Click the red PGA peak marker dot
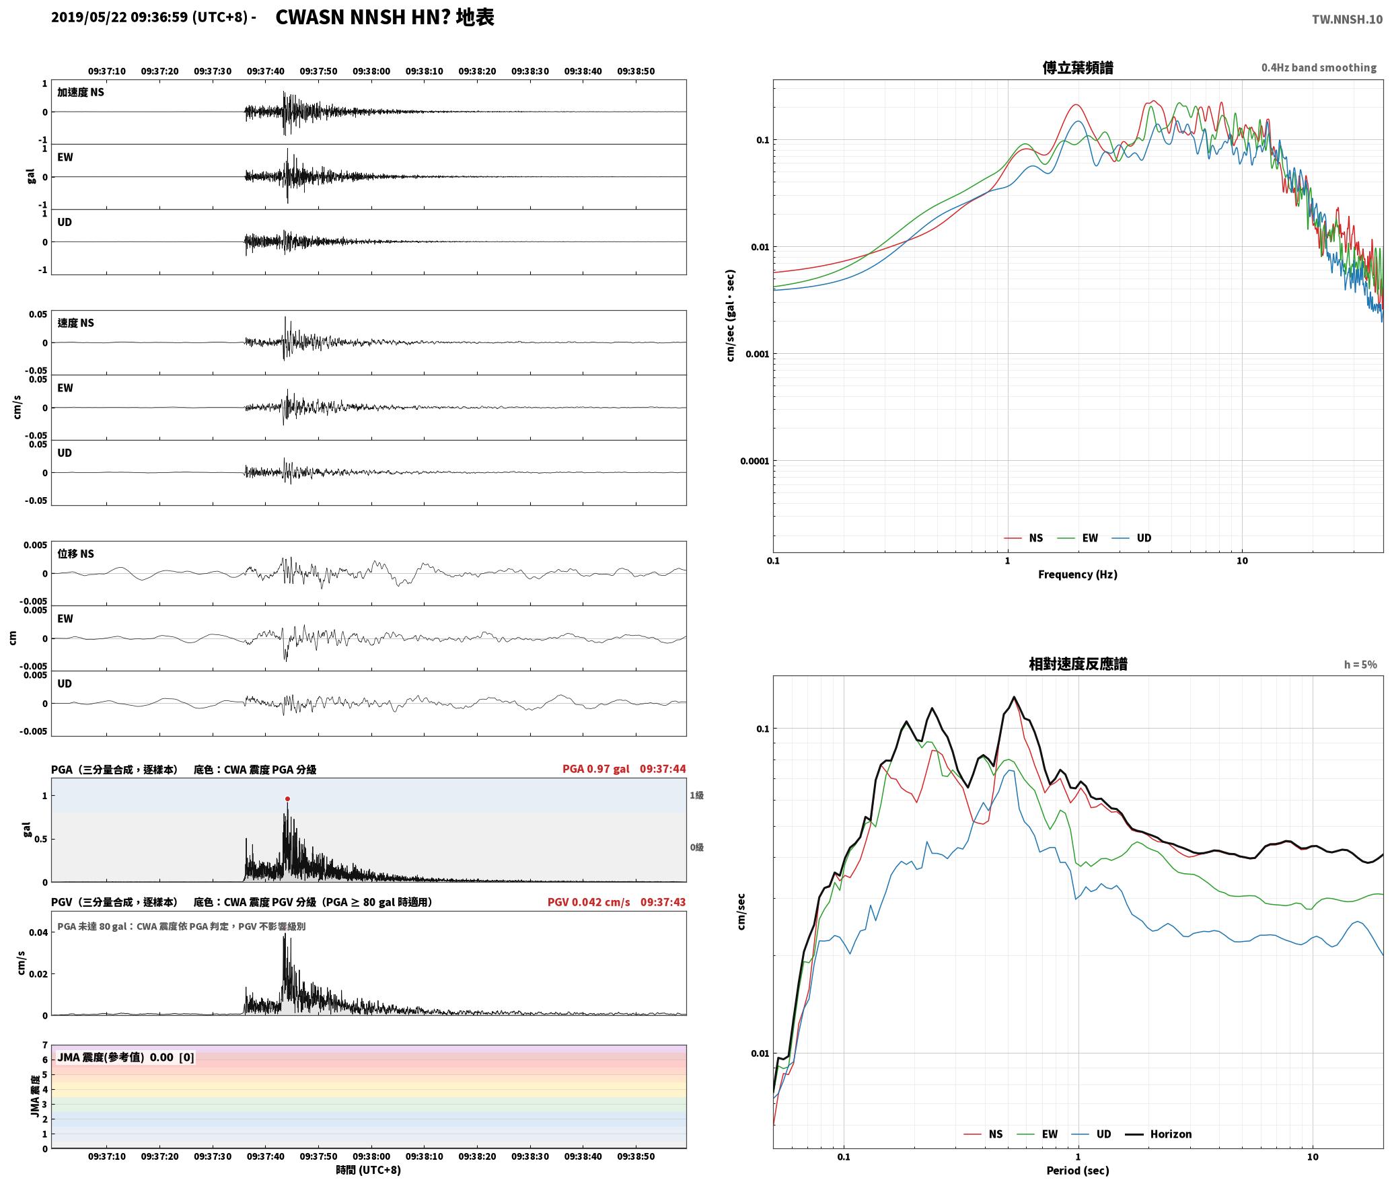tap(287, 799)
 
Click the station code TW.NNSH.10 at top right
tap(1347, 19)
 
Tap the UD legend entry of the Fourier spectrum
tap(1132, 538)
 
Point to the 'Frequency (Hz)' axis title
tap(1077, 574)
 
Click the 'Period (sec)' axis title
tap(1077, 1170)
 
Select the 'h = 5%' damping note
tap(1360, 664)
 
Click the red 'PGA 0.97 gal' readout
tap(596, 768)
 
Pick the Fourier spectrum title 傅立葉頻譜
tap(1077, 67)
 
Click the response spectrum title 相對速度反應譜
tap(1078, 664)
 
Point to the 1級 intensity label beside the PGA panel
tap(696, 795)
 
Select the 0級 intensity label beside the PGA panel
tap(696, 847)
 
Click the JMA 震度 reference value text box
tap(126, 1057)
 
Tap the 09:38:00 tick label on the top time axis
tap(371, 71)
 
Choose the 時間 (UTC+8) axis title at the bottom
tap(369, 1170)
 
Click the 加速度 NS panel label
tap(81, 92)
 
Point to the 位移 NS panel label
tap(75, 554)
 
